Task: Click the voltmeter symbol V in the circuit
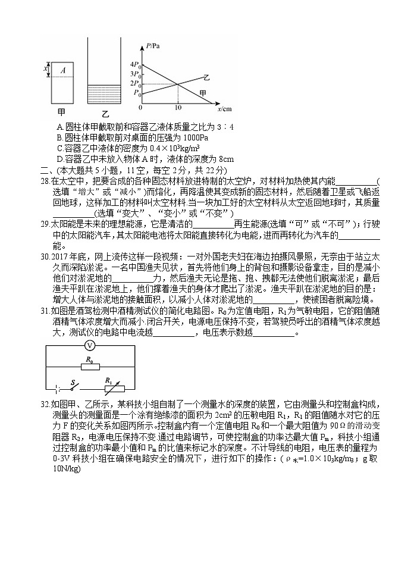(89, 346)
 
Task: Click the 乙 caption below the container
(105, 113)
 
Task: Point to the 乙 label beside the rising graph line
(206, 78)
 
